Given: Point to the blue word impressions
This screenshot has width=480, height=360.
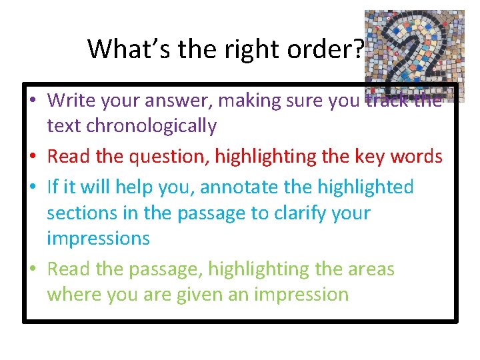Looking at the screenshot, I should pos(98,238).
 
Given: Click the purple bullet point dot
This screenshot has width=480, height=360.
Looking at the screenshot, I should pos(32,101).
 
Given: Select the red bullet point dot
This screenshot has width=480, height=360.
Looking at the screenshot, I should pos(32,157).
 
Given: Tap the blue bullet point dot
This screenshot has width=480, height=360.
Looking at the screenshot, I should pos(32,188).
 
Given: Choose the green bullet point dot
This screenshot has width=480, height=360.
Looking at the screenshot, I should pos(32,270).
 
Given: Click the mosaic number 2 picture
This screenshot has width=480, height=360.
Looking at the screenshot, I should pos(413,53).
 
